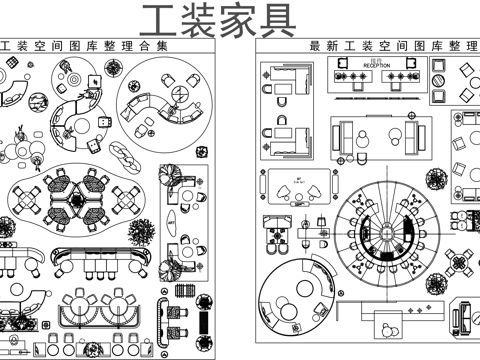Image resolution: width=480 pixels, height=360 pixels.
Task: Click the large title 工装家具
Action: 219,19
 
